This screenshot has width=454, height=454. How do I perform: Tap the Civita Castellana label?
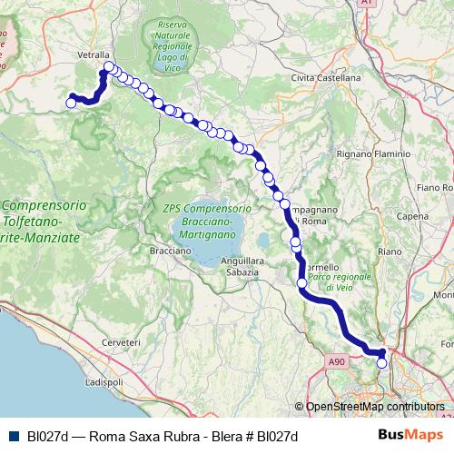tap(326, 78)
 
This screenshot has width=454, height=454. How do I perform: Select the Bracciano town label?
tap(169, 249)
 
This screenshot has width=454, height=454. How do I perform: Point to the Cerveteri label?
tap(122, 342)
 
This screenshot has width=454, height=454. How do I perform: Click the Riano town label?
tap(389, 251)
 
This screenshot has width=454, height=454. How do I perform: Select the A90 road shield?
tap(338, 361)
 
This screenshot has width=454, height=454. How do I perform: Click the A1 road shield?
tap(367, 4)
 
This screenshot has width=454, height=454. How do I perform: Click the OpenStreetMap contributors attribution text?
tap(374, 407)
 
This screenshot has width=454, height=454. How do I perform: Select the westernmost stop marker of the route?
tap(71, 103)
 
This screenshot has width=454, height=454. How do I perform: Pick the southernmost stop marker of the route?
tap(381, 363)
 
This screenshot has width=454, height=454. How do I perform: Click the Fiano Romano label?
tap(434, 188)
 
